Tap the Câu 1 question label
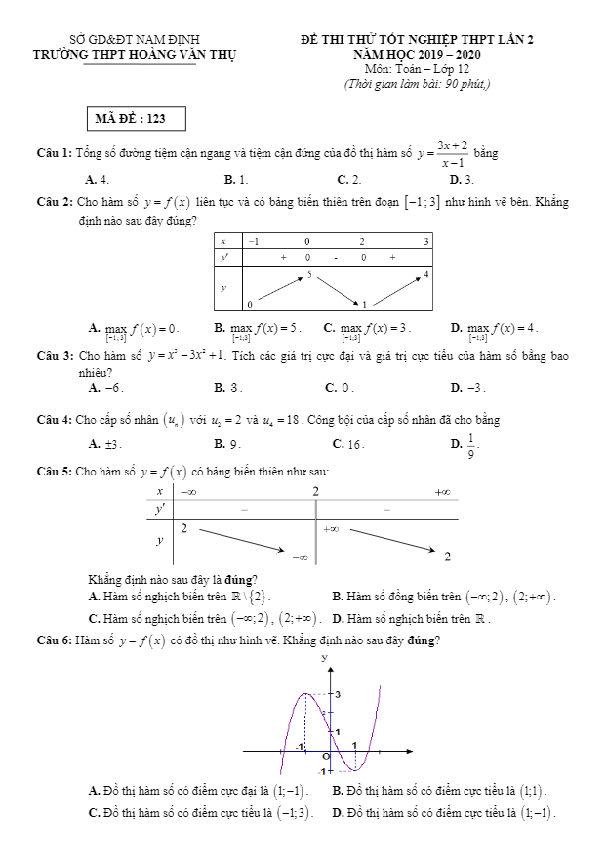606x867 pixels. point(54,153)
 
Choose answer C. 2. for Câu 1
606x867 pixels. point(349,180)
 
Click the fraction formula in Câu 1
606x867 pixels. point(452,154)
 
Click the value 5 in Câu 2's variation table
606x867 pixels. point(309,274)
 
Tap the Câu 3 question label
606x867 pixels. point(54,356)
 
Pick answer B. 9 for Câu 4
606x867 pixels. point(234,445)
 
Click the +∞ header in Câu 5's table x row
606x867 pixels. point(442,491)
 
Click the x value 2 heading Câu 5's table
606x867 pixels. point(316,491)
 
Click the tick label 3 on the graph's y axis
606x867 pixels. point(338,694)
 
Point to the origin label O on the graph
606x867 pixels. point(327,756)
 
